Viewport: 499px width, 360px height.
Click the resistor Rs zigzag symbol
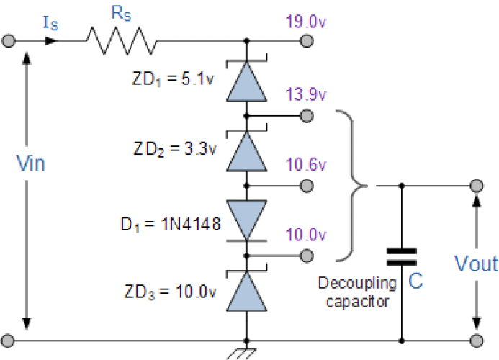tap(122, 41)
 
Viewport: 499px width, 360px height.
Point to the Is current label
tap(50, 24)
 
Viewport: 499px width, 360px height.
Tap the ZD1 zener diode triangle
tap(246, 81)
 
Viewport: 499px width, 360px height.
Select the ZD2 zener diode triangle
tap(246, 151)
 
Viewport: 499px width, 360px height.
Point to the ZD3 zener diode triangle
tap(246, 292)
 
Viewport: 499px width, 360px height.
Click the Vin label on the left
tap(31, 163)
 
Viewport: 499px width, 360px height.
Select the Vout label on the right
tap(476, 264)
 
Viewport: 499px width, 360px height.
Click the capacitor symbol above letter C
tap(401, 257)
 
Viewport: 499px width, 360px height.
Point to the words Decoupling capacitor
tap(358, 292)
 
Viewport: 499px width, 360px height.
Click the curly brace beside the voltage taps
tap(355, 185)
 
